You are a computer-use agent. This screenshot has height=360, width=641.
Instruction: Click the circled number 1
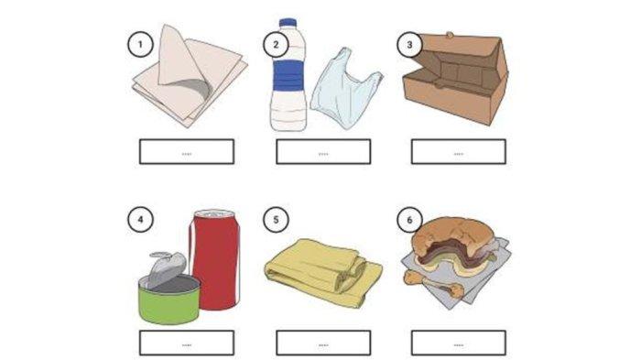140,44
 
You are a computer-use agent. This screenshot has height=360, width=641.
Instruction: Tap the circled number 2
276,44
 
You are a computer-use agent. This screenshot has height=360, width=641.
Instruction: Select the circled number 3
409,44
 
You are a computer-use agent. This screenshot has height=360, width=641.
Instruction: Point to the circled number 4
140,220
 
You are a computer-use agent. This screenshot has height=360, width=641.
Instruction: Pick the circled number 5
276,220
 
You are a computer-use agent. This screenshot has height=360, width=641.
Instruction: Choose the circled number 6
409,220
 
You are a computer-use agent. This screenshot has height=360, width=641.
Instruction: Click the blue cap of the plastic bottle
288,23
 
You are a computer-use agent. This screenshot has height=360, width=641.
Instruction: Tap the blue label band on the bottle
288,76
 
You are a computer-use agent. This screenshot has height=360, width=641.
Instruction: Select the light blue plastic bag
346,89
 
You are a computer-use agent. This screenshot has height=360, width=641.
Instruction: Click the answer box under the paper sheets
187,152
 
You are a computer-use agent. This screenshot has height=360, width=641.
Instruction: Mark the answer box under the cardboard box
459,152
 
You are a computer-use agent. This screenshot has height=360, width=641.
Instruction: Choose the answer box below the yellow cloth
323,343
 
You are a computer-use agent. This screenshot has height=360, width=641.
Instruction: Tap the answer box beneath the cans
187,343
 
